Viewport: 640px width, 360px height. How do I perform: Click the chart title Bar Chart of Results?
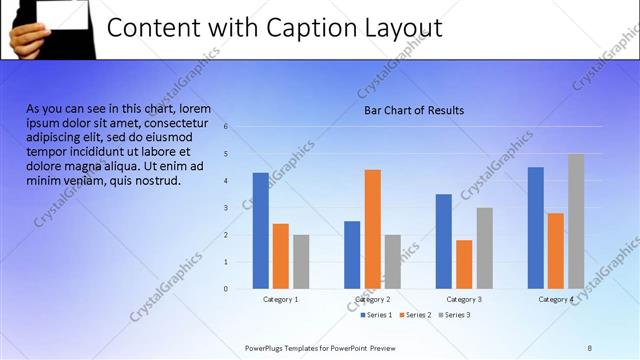(x=413, y=110)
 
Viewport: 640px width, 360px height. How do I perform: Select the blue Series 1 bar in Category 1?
(x=260, y=231)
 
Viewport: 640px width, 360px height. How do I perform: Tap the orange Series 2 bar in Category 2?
(x=372, y=229)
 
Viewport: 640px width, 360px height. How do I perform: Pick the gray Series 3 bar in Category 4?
(x=576, y=221)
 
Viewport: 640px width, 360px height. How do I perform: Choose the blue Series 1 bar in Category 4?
(x=536, y=228)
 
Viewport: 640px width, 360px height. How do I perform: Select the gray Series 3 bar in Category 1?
(x=301, y=261)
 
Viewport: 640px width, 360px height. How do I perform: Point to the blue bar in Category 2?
(x=352, y=255)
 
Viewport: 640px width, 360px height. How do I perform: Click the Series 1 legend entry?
(x=376, y=315)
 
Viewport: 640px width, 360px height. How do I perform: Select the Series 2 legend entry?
(x=415, y=315)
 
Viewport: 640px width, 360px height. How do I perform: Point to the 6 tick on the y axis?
(x=226, y=127)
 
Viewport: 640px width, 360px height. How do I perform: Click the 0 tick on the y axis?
(x=226, y=289)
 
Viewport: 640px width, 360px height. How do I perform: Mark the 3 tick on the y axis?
(x=226, y=208)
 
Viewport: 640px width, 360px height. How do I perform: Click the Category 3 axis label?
(x=464, y=299)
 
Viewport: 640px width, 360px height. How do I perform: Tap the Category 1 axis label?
(x=280, y=299)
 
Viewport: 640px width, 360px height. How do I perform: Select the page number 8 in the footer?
(x=589, y=347)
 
